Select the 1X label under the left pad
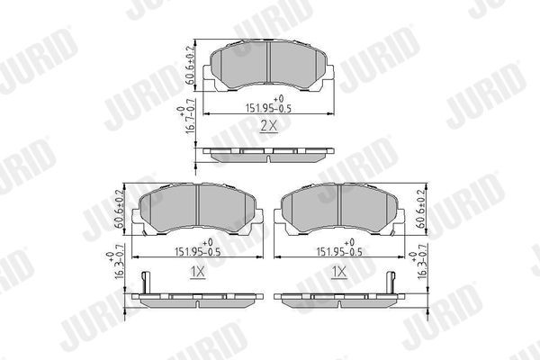tap(197, 270)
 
